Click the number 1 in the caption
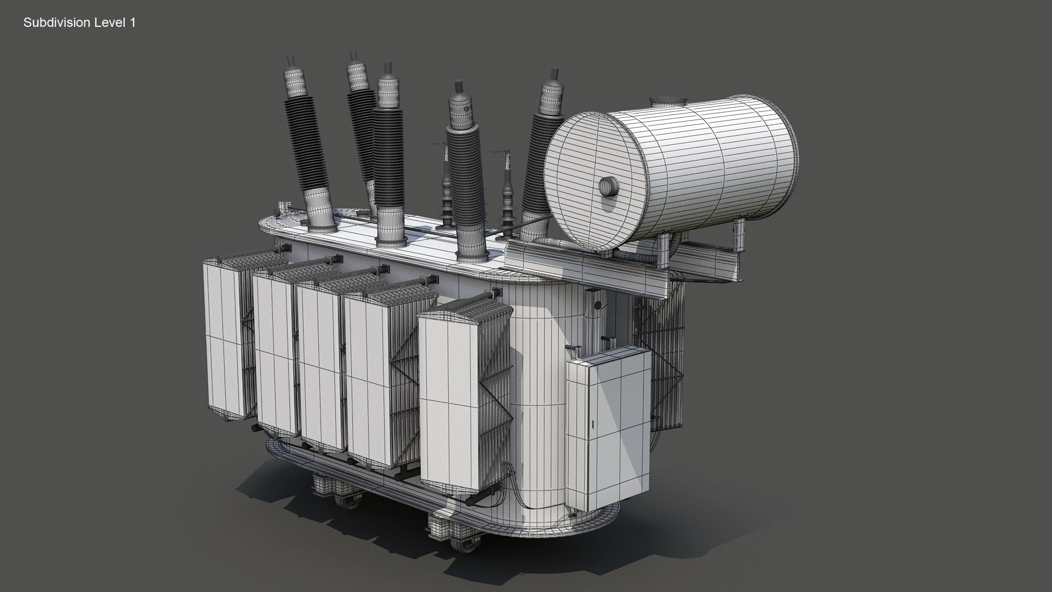(x=132, y=22)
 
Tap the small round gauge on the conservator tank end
(x=607, y=186)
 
